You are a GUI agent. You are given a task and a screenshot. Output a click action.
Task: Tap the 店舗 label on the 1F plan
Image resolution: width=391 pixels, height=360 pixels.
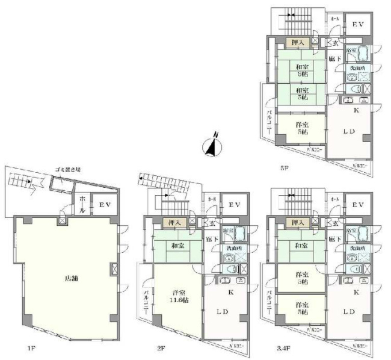click(71, 278)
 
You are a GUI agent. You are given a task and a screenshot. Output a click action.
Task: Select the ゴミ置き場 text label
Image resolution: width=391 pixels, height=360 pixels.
click(66, 170)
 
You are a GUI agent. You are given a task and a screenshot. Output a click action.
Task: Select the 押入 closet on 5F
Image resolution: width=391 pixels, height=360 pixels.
click(297, 42)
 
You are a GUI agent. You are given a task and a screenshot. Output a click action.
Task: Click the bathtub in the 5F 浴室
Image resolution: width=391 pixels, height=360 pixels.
click(364, 55)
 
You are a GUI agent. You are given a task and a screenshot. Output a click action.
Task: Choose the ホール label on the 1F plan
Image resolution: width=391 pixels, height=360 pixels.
click(81, 205)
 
